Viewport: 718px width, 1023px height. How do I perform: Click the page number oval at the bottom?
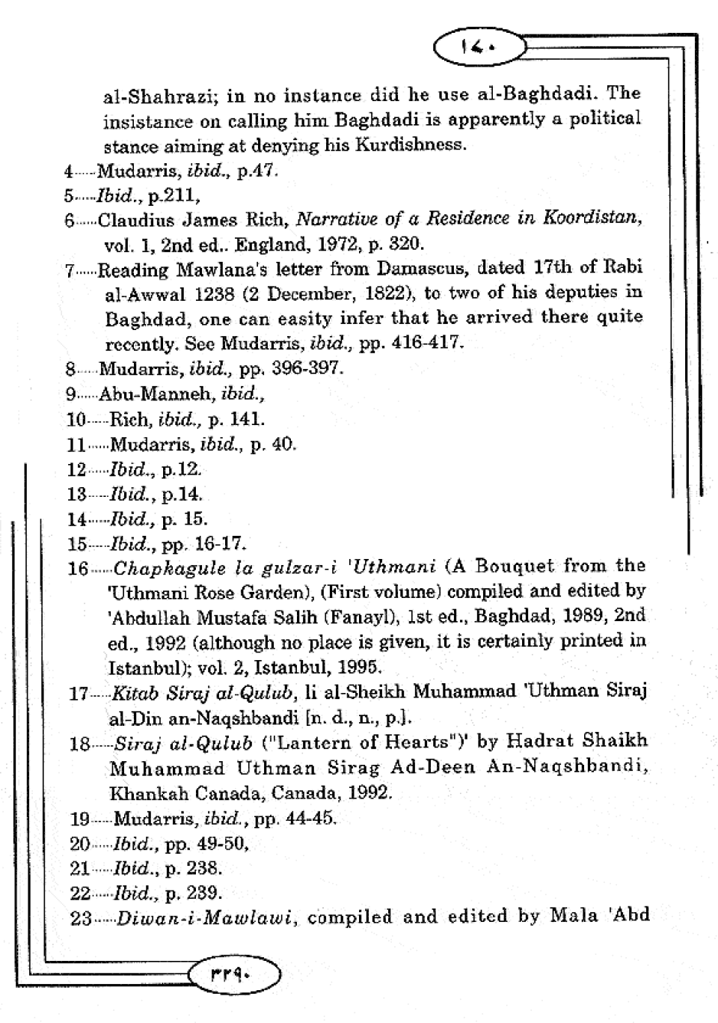pos(235,975)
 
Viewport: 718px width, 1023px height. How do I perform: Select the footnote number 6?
pos(70,221)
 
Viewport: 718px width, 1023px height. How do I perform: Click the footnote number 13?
pos(76,494)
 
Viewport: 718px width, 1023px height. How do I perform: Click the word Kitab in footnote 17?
pos(130,692)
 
